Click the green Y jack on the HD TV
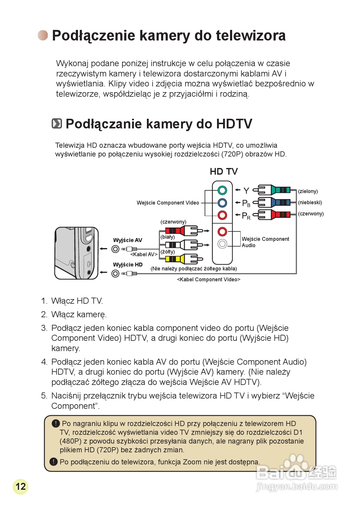coord(222,190)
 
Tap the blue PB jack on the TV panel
coord(222,202)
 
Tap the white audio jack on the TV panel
coord(222,244)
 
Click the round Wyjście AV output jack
coord(115,249)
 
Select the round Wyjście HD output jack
coord(115,273)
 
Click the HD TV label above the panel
coord(224,172)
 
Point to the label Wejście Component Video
coord(168,203)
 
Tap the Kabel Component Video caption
coord(209,279)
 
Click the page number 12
coord(21,486)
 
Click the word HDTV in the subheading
coord(234,124)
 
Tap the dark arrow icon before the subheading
coord(57,124)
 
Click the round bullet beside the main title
coord(43,35)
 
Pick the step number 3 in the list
coord(44,328)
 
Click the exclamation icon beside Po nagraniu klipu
coord(56,423)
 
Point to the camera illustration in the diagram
coord(76,253)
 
